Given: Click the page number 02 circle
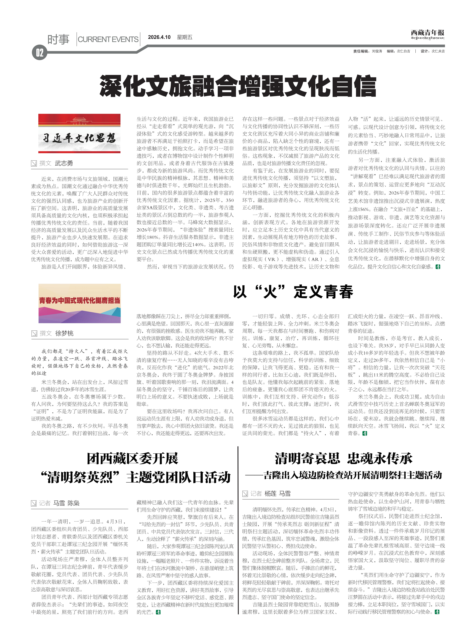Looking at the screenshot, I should [39, 53].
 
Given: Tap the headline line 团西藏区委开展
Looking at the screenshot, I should [133, 459].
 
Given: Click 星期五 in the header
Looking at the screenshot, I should [184, 37].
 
